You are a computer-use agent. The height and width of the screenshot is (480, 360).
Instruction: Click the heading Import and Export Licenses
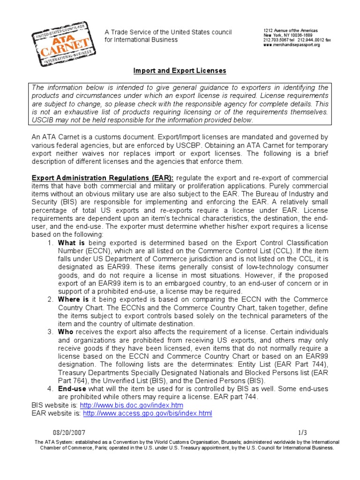pyautogui.click(x=180, y=71)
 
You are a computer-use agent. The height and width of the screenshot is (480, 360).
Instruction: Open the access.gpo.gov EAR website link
pyautogui.click(x=147, y=413)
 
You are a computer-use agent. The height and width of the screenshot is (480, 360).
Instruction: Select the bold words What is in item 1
pyautogui.click(x=71, y=243)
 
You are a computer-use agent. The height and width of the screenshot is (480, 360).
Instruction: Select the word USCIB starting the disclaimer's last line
pyautogui.click(x=43, y=120)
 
